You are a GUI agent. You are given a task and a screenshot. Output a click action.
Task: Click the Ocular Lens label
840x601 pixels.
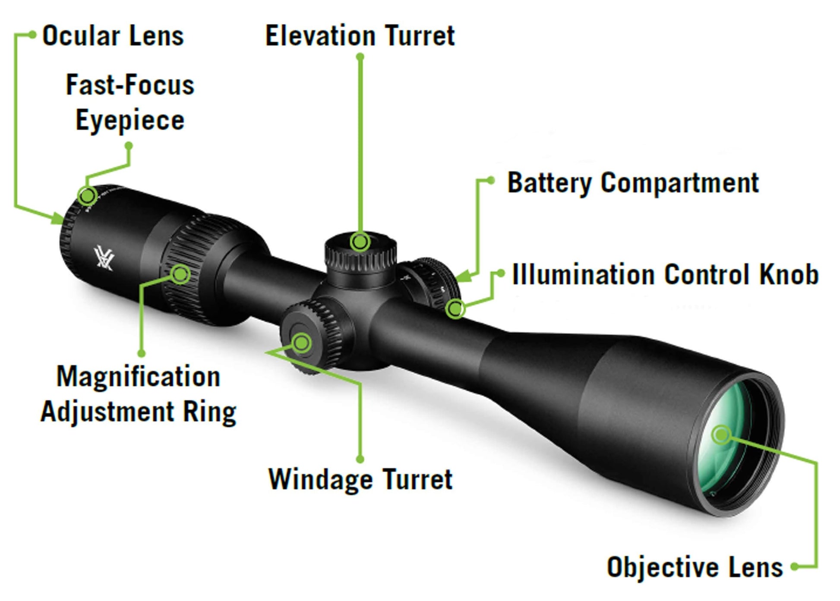113,36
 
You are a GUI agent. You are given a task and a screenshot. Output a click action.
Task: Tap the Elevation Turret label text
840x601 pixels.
360,36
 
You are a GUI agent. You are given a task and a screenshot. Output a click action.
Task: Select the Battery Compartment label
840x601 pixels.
632,183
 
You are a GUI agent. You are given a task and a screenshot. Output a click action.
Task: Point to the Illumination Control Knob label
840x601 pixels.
665,275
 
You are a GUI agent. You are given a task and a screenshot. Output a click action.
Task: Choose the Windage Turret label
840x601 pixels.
360,479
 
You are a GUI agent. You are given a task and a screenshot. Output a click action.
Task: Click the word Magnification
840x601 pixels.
139,377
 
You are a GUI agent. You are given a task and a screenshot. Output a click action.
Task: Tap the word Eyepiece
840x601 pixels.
130,120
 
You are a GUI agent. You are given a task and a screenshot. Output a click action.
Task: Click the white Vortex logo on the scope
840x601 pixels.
104,258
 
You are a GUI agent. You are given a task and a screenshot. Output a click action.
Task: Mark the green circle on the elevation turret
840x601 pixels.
360,242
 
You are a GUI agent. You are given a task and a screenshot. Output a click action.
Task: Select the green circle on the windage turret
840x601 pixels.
302,343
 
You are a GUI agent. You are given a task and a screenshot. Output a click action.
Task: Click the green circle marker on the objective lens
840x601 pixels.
721,435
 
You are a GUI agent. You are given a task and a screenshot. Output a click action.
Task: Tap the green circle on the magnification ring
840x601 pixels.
180,274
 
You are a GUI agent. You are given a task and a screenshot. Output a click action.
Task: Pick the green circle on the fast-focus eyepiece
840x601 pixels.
88,196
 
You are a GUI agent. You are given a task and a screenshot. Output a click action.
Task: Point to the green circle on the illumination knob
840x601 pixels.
455,309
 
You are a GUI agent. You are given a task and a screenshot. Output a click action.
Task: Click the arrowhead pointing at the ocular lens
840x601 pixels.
58,218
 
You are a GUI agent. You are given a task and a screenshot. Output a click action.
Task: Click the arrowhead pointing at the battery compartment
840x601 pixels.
463,277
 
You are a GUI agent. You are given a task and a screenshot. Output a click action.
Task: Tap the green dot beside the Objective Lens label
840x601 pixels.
795,567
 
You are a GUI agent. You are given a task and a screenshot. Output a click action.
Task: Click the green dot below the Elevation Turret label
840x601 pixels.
360,57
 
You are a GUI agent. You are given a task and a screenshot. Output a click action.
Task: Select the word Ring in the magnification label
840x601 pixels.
209,412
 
